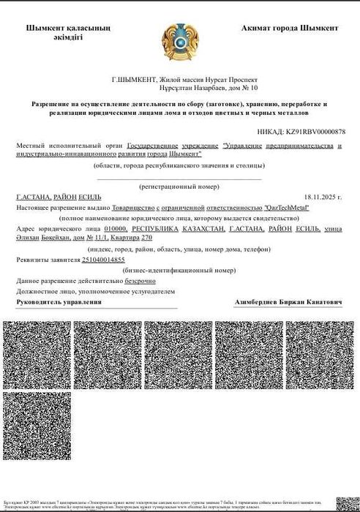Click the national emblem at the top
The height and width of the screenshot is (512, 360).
point(179,42)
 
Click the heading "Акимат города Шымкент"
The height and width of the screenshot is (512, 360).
point(289,28)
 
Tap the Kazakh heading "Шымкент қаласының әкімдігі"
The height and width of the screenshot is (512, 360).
point(68,33)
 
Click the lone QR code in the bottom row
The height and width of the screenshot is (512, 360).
point(37,427)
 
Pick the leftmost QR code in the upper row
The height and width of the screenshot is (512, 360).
point(37,354)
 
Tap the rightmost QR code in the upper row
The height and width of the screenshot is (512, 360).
point(320,354)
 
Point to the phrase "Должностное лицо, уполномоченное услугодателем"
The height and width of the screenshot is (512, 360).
point(96,291)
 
